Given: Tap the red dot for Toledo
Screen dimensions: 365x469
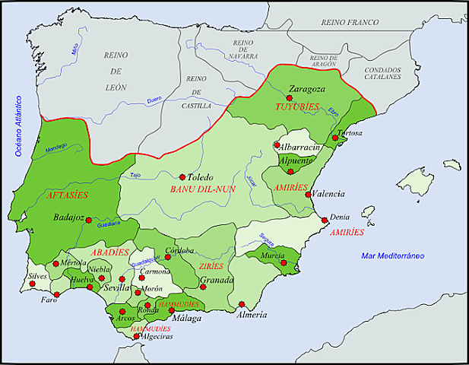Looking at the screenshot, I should pyautogui.click(x=182, y=176).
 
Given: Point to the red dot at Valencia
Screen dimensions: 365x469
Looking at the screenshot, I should pyautogui.click(x=307, y=194).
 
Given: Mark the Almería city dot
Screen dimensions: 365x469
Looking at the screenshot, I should pyautogui.click(x=240, y=305).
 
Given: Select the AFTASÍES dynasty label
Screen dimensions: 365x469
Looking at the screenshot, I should pyautogui.click(x=66, y=195).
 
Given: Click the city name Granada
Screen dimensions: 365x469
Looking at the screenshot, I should pyautogui.click(x=217, y=281).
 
